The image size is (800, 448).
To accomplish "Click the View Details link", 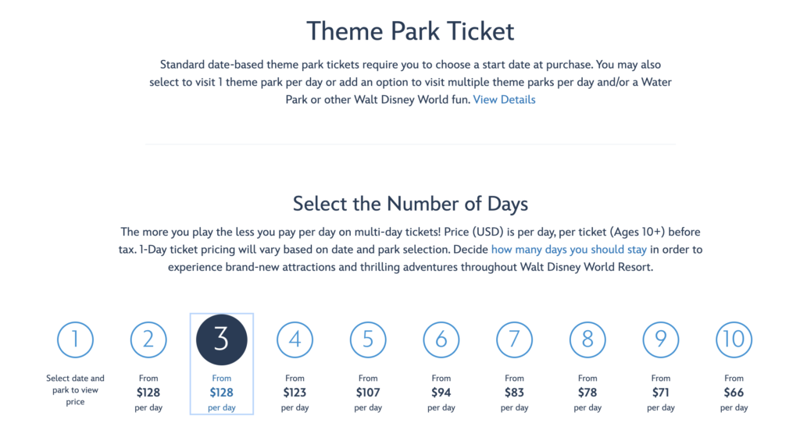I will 504,100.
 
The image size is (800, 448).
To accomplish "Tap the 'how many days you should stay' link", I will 569,250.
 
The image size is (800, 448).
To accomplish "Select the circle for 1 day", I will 75,340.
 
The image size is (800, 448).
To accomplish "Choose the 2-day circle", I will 148,340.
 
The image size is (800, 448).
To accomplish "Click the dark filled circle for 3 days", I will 221,340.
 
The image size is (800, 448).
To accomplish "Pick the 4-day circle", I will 295,340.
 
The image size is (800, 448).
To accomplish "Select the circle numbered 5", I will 368,340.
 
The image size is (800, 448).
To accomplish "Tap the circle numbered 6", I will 441,340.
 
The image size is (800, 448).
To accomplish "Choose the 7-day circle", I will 514,340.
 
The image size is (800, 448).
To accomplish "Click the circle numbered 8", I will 587,340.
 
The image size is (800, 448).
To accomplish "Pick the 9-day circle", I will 661,340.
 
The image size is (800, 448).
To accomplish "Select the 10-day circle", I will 734,340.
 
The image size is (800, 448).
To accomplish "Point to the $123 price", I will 295,393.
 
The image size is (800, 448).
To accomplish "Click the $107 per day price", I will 368,393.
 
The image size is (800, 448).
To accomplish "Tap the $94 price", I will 441,393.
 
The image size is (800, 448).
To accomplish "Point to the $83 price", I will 514,393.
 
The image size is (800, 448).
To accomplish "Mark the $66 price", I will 734,393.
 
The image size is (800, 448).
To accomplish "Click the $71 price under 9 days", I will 661,393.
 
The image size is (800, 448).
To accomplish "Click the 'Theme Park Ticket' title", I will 410,31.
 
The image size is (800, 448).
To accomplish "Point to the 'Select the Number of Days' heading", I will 410,204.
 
